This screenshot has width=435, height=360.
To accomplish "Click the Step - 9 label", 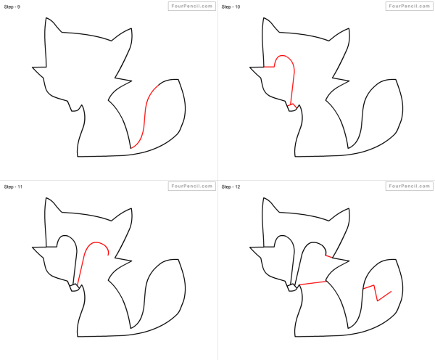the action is point(12,7).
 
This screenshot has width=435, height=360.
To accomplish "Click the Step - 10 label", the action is point(231,7).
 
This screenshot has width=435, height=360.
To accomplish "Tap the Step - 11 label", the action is point(13,187).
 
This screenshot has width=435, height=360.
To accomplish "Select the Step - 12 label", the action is point(231,187).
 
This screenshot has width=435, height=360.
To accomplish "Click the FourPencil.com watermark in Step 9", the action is point(191,6).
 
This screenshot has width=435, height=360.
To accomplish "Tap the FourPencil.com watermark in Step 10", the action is point(409,6).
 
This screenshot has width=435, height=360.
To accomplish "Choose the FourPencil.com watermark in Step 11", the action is point(191,186).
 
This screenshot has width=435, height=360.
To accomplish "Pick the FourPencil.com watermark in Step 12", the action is point(409,186).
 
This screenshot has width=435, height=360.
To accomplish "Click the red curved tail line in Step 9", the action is point(144,117).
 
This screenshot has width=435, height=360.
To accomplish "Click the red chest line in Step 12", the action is point(312,283).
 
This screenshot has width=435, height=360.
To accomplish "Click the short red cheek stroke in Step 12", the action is point(329,256).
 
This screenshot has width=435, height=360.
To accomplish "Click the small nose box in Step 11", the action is point(75,287).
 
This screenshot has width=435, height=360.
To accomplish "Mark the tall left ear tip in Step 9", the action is point(46,18).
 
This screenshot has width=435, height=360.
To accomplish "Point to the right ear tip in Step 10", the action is point(349,28).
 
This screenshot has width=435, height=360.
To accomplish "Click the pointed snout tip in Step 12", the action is point(250,247).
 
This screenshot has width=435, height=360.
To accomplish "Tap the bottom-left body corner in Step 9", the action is point(78,157).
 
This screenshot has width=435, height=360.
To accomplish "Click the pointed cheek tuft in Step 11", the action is point(131,261).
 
